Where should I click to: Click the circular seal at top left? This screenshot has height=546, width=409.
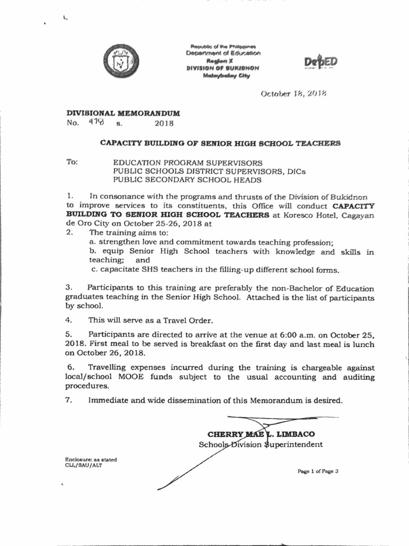coord(122,61)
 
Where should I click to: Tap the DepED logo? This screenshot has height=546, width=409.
coord(321,62)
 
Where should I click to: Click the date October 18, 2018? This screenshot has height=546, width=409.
coord(293,94)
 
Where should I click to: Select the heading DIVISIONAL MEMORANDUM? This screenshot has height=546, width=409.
coord(122,114)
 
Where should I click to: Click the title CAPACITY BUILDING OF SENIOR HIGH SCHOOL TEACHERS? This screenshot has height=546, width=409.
coord(220,143)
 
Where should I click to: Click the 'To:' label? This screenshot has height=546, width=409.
coord(72,162)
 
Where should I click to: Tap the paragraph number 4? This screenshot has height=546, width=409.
coord(68,320)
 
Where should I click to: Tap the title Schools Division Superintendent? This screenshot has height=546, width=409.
coord(260,444)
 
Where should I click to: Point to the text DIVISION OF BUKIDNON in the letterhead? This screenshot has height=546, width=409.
coord(223,68)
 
